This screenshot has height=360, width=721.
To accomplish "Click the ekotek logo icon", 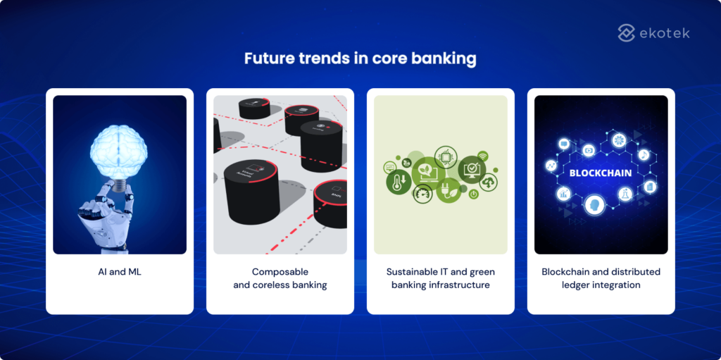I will [x=627, y=32].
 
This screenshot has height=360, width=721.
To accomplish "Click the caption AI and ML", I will [x=120, y=272].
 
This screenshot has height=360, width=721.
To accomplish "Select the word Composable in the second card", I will [x=280, y=272].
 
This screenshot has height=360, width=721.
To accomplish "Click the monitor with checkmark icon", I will [x=471, y=169].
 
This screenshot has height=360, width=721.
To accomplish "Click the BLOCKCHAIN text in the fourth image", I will [x=600, y=173].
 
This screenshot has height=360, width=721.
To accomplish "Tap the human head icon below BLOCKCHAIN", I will [x=594, y=206].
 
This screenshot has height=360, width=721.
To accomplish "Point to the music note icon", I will [x=644, y=154].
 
